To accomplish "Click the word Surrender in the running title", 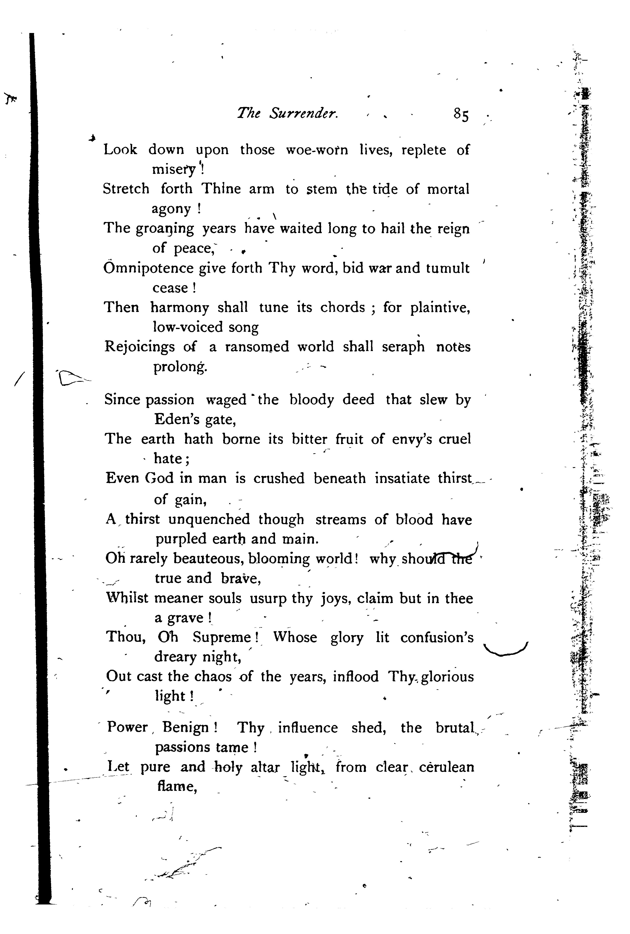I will tap(304, 114).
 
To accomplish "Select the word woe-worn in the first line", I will tap(317, 150).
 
